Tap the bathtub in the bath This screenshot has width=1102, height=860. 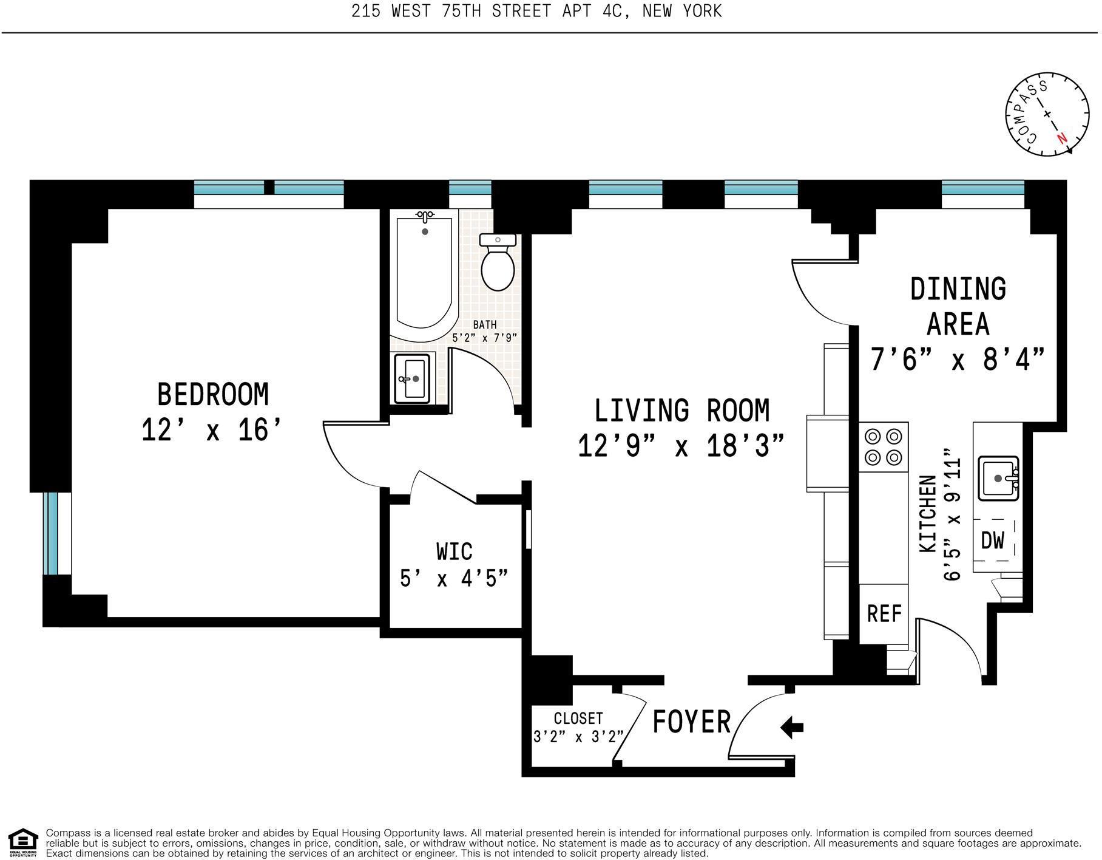(x=424, y=276)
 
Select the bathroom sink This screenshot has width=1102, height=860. (x=412, y=378)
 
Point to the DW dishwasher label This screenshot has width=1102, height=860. (x=993, y=540)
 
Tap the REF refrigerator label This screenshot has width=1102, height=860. (x=884, y=613)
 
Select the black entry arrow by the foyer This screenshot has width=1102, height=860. (x=792, y=726)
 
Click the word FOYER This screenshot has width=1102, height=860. (x=691, y=722)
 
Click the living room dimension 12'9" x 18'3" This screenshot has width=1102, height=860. (x=681, y=446)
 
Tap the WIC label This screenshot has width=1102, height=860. (x=454, y=551)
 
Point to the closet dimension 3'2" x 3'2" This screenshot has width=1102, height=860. (x=578, y=737)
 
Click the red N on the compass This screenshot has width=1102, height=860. (x=1061, y=138)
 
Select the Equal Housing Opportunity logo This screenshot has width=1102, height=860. (x=22, y=842)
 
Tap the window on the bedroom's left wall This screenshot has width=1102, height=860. (x=51, y=533)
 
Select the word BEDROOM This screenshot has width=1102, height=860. (x=212, y=395)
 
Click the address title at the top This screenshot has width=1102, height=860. (x=536, y=11)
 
